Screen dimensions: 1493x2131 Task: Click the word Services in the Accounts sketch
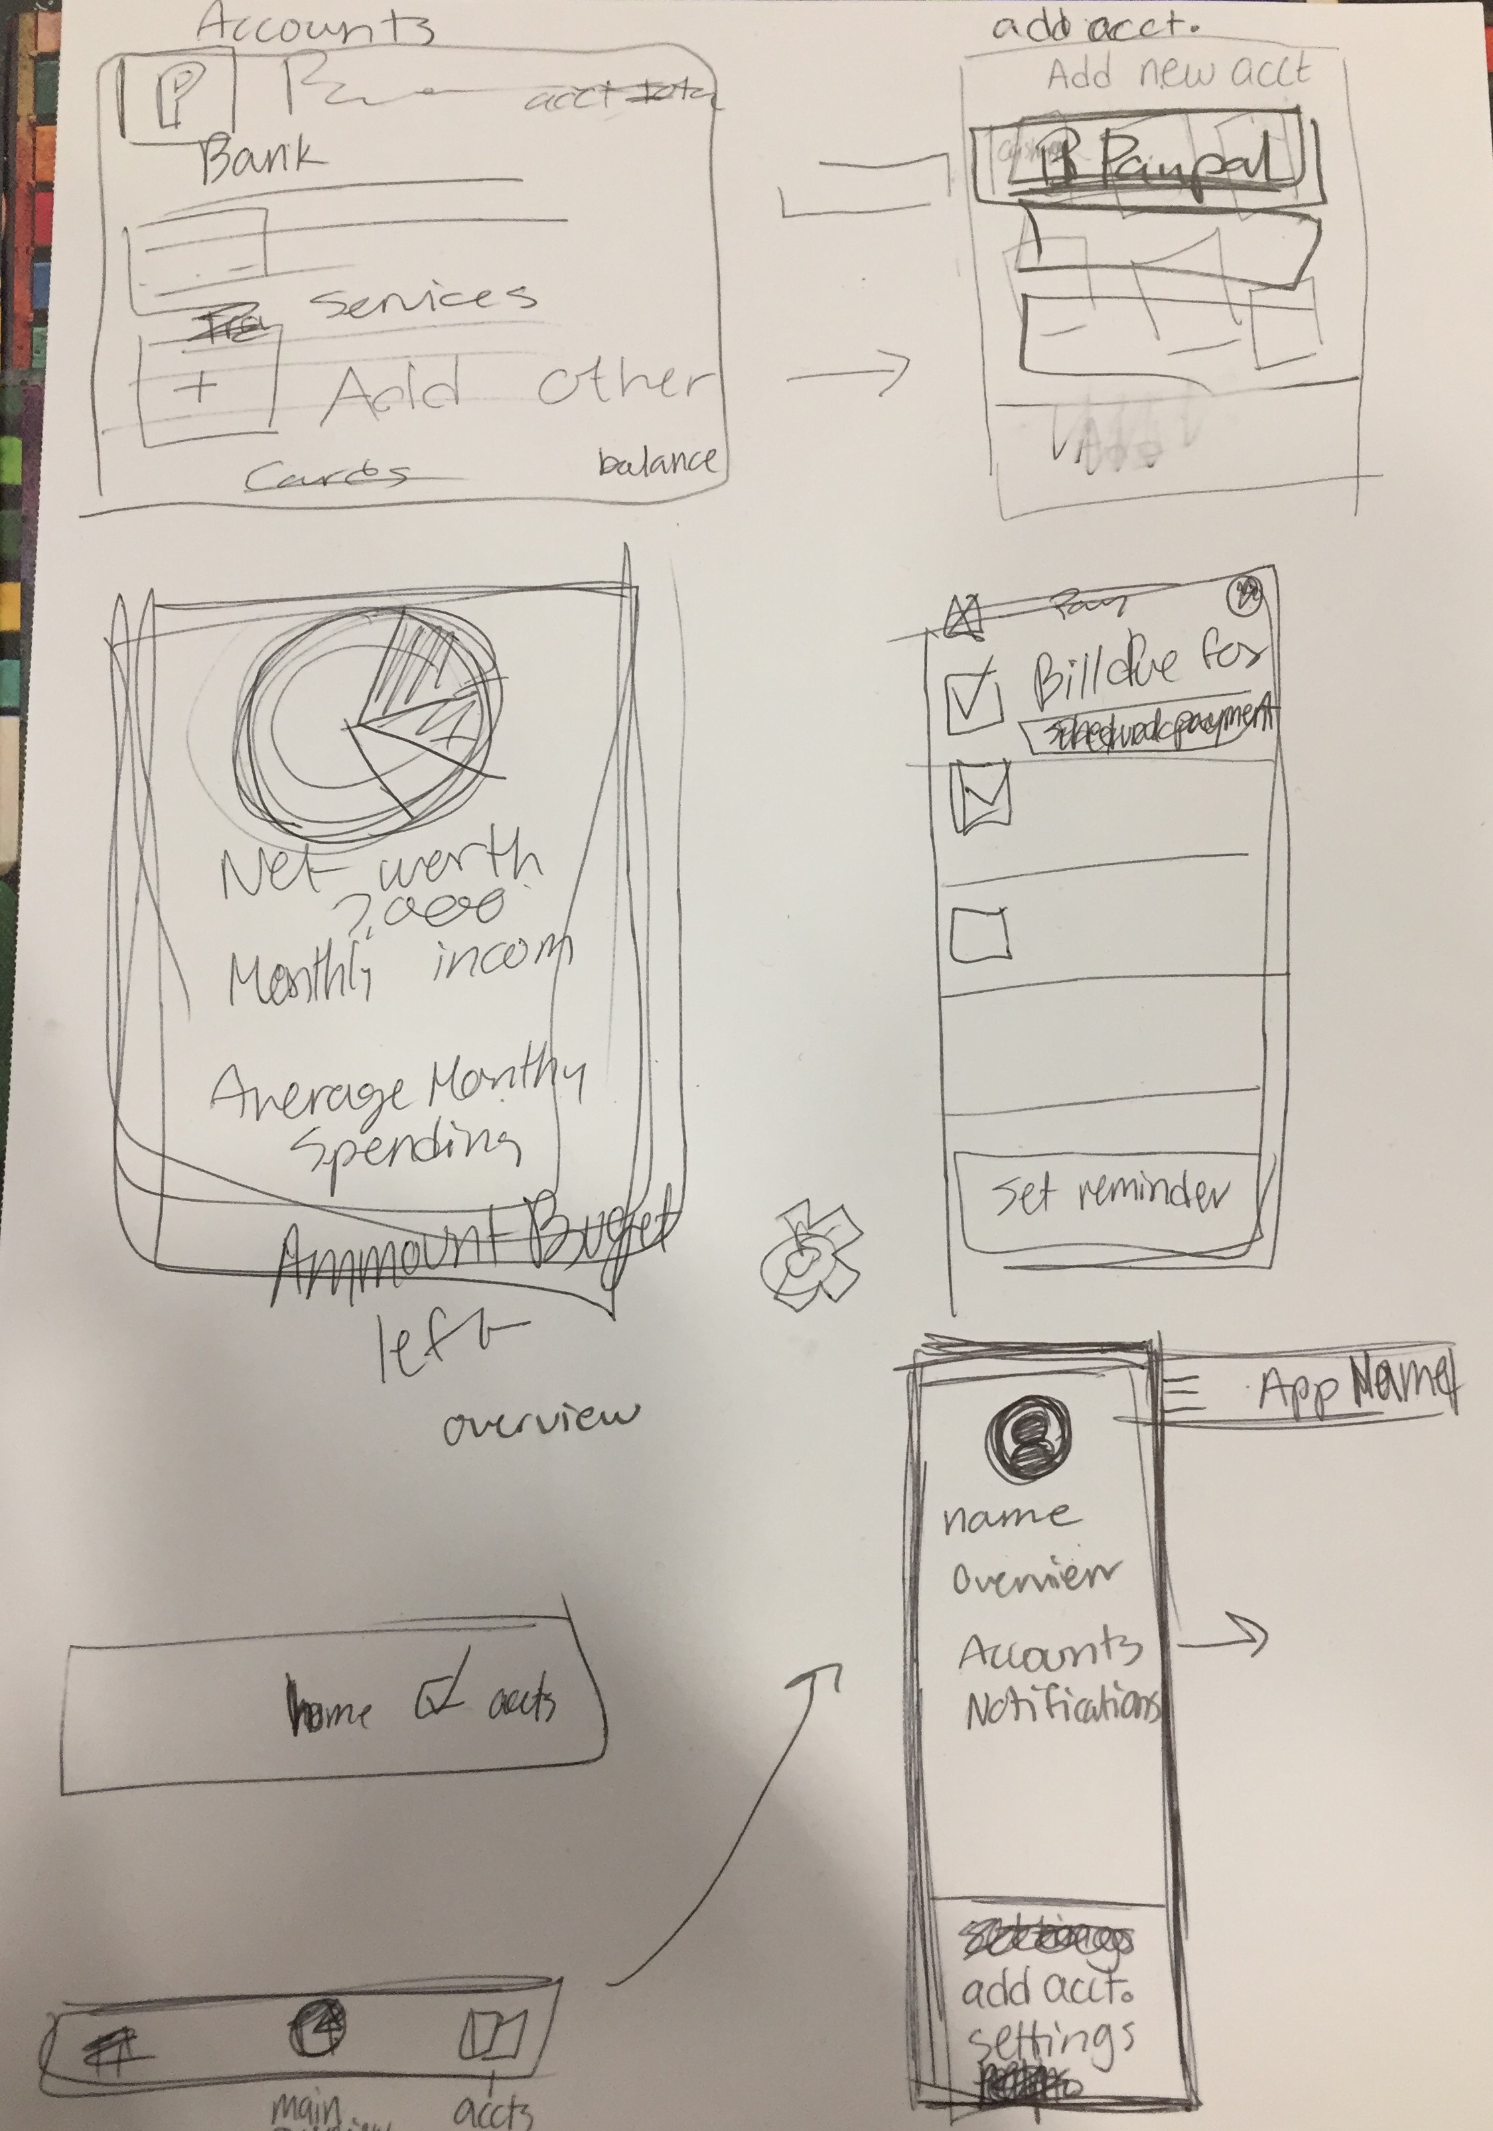pyautogui.click(x=423, y=297)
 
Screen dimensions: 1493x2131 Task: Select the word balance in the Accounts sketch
pyautogui.click(x=658, y=460)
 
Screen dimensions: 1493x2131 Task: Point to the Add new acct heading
pyautogui.click(x=1177, y=72)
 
